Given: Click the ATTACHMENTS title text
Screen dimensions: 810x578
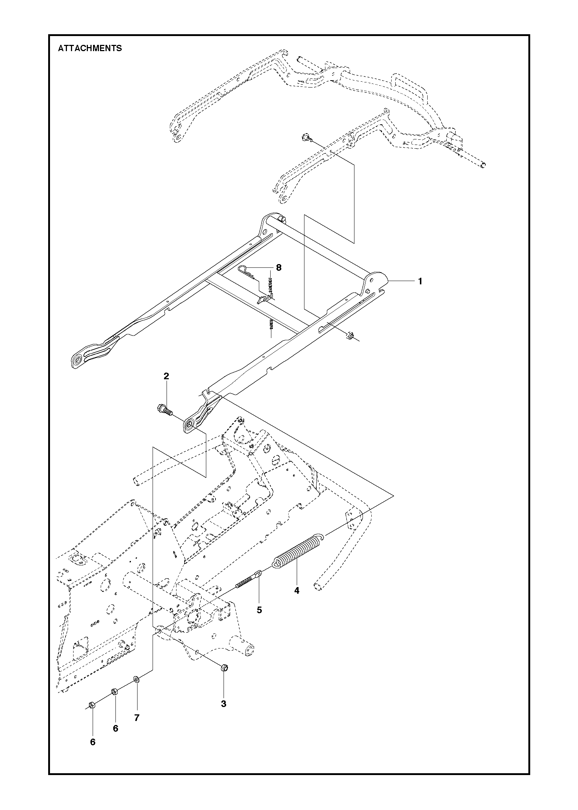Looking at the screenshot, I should click(x=90, y=48).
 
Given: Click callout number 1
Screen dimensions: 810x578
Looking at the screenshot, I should click(x=420, y=281).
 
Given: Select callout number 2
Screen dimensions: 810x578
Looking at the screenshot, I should click(x=166, y=376).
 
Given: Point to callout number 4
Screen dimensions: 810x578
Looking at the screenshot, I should click(x=296, y=601).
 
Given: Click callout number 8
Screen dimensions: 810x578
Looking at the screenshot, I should click(x=279, y=267).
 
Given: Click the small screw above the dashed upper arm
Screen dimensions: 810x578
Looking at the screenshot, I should click(x=306, y=137).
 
